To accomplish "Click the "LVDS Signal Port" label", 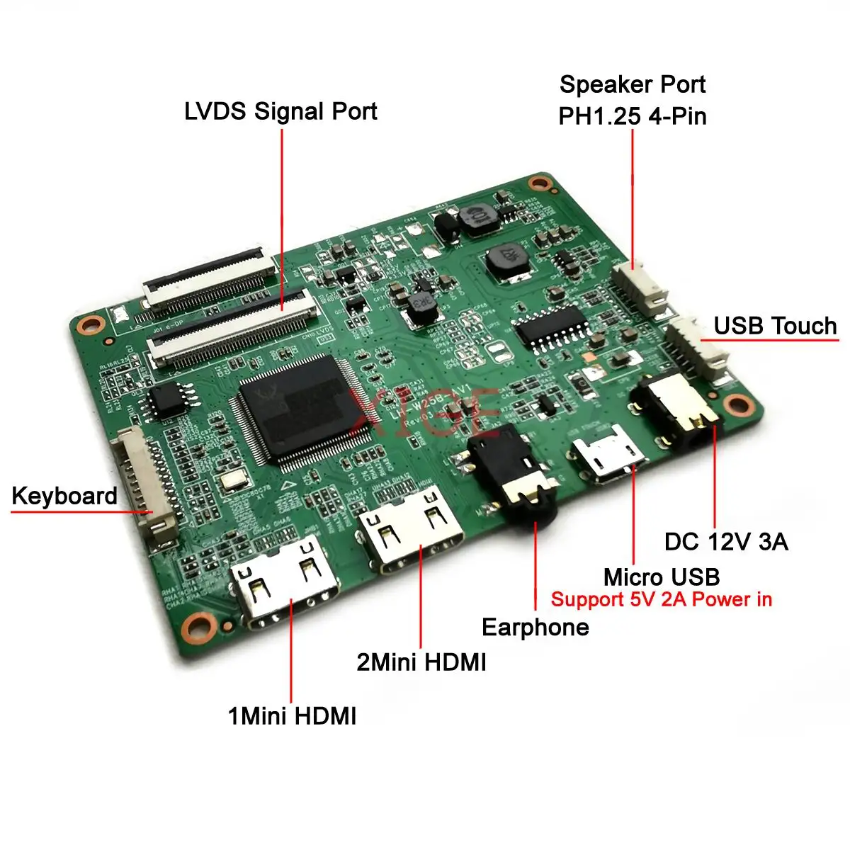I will [280, 112].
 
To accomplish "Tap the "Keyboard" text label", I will [64, 496].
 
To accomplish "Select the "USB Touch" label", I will [775, 326].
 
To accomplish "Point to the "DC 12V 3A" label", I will [726, 542].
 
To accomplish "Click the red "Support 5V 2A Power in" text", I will [661, 599].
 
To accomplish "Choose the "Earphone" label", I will [535, 627].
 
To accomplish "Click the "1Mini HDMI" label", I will [292, 716].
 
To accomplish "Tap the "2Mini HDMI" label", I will [421, 662].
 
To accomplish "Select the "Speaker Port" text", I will [633, 84].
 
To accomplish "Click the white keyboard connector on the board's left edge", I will [145, 489].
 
